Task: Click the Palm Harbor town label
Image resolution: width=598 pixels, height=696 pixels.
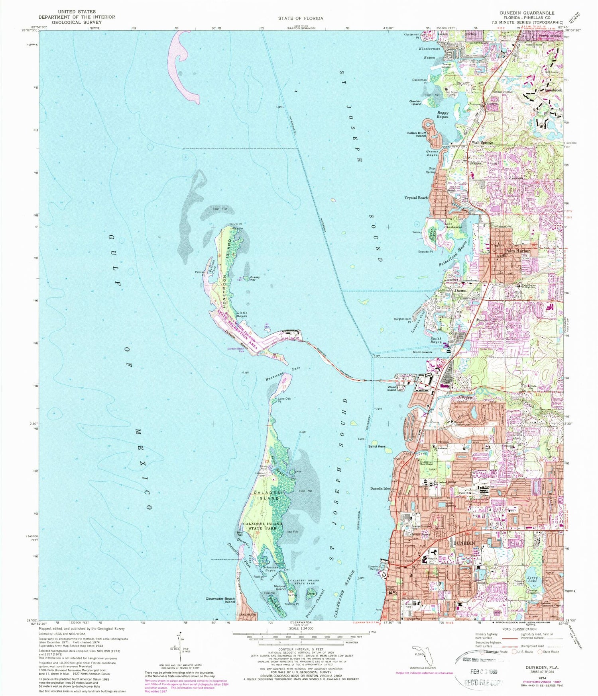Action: [517, 251]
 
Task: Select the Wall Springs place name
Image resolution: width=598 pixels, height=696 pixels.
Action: [482, 142]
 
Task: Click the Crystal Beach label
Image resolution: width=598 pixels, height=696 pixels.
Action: [416, 198]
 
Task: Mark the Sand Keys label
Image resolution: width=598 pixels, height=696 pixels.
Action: [377, 446]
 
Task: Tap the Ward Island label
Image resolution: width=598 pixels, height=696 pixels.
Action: [391, 388]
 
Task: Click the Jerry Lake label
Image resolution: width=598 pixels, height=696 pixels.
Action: [532, 579]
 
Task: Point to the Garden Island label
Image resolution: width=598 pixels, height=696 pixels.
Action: [415, 103]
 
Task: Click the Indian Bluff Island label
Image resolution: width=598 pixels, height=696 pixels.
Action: [416, 134]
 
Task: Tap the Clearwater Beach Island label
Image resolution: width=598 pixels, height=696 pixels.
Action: [220, 600]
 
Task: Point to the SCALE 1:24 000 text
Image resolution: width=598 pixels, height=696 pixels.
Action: [301, 628]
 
